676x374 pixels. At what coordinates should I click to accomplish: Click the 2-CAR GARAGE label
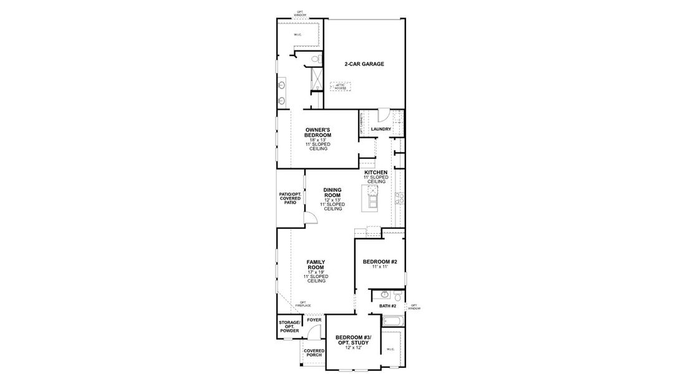click(364, 64)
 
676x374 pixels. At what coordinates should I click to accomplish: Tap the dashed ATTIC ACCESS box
click(340, 87)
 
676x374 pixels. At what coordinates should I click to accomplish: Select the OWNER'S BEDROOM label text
click(317, 133)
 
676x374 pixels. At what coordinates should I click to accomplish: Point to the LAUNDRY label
click(380, 130)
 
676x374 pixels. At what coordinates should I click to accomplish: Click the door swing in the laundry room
click(384, 115)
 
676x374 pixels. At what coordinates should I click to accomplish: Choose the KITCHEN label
click(376, 172)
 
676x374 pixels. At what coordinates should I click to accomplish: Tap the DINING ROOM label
click(332, 193)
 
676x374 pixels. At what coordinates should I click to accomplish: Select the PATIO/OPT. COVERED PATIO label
click(289, 198)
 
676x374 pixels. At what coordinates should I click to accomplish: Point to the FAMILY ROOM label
click(316, 265)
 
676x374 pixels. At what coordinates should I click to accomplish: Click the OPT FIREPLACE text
click(303, 304)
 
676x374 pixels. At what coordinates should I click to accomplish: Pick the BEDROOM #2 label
click(380, 261)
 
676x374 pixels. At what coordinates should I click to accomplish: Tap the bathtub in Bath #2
click(393, 321)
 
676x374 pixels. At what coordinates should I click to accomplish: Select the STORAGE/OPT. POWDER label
click(289, 327)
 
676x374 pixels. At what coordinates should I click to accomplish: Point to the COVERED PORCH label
click(314, 353)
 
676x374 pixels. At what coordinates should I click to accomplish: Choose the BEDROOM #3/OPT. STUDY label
click(352, 340)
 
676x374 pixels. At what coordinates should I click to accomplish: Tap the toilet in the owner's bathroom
click(316, 59)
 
